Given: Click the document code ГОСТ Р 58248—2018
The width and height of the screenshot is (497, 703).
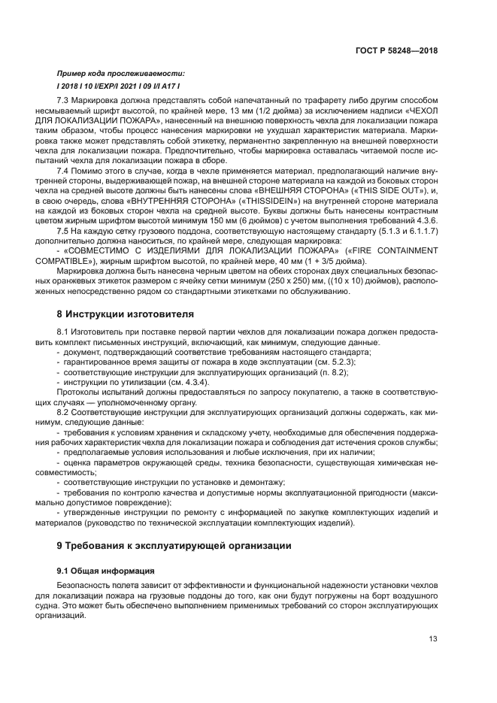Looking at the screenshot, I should click(x=395, y=50).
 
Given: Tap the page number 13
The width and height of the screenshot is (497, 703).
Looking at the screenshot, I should click(x=433, y=639).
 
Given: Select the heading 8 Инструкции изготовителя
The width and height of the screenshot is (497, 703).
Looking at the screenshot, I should click(x=126, y=313).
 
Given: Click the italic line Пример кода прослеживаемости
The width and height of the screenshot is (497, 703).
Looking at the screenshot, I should click(x=120, y=73).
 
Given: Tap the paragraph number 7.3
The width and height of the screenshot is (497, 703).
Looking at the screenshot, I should click(x=65, y=101).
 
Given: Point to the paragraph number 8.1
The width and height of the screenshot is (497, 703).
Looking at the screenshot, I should click(x=65, y=332).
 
